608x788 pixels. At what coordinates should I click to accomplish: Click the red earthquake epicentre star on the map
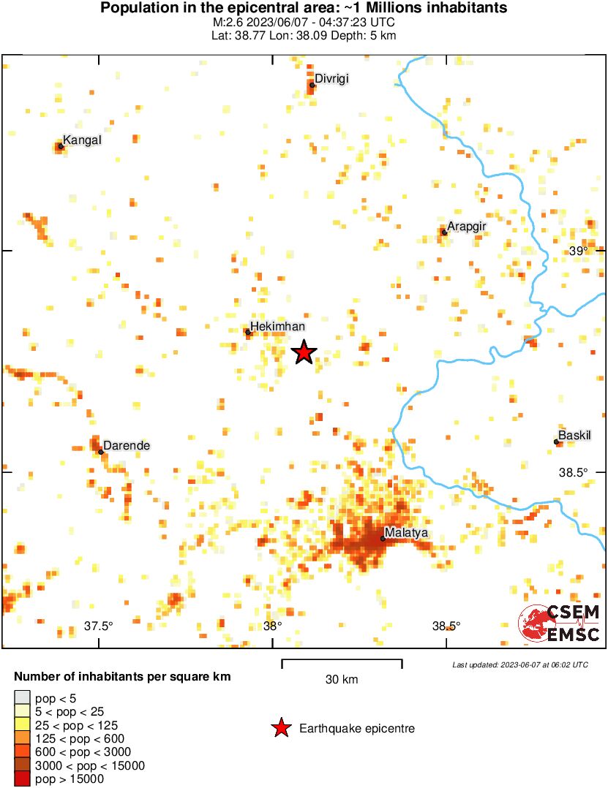[x=304, y=353]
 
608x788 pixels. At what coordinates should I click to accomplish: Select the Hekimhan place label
[x=277, y=327]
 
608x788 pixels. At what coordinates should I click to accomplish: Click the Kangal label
[x=82, y=140]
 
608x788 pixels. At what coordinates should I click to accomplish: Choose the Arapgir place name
[x=466, y=227]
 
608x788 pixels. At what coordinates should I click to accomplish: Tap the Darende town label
[x=127, y=445]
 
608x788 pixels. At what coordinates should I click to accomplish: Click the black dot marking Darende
[x=101, y=452]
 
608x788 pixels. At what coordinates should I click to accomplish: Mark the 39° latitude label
[x=579, y=251]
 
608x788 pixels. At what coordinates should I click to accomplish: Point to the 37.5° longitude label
[x=99, y=626]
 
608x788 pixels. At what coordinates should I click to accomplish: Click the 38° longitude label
[x=272, y=626]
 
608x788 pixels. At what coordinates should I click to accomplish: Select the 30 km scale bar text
[x=342, y=680]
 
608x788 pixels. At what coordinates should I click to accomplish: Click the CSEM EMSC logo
[x=560, y=624]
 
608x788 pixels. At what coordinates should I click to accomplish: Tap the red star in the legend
[x=280, y=728]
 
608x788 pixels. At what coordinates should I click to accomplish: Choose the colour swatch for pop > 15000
[x=23, y=779]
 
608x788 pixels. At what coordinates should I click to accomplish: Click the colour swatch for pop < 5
[x=23, y=698]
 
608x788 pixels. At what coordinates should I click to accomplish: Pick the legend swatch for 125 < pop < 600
[x=23, y=739]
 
